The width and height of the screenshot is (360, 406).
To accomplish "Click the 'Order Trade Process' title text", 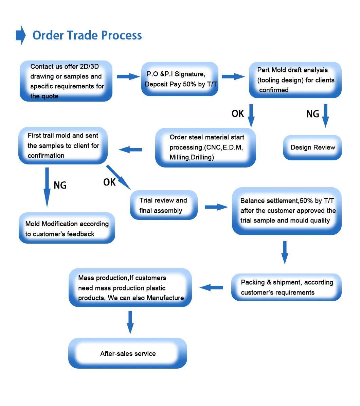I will click(87, 35).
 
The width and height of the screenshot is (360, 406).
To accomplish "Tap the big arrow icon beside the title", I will click(21, 35).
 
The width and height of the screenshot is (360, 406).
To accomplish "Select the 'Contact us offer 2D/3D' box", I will click(66, 81).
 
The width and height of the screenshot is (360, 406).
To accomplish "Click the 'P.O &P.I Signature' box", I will click(180, 79).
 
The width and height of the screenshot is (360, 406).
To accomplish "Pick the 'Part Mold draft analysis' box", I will click(295, 80).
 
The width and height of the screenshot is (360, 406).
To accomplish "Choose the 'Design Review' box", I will click(312, 147).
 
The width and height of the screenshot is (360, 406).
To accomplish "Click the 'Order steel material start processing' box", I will click(205, 147).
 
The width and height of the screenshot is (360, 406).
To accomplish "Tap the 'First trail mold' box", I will click(63, 146).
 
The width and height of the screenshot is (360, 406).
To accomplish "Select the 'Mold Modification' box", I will click(67, 228).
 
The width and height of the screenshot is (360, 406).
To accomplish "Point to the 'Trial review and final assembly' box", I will click(164, 205).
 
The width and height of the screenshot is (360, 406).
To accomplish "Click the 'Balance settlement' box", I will click(287, 211).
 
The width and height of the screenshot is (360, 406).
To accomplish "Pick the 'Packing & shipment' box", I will click(286, 287).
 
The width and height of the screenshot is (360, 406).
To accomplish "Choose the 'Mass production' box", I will click(130, 288).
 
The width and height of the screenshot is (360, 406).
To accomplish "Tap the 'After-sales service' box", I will click(128, 353).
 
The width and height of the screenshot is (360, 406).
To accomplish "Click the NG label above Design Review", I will click(312, 114).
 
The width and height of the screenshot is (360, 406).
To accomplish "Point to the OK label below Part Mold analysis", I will click(238, 113).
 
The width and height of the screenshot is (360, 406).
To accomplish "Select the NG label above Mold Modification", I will click(60, 185).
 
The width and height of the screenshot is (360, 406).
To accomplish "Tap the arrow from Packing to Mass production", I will click(211, 288).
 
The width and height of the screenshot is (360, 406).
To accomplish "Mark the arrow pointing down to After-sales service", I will click(130, 322).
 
